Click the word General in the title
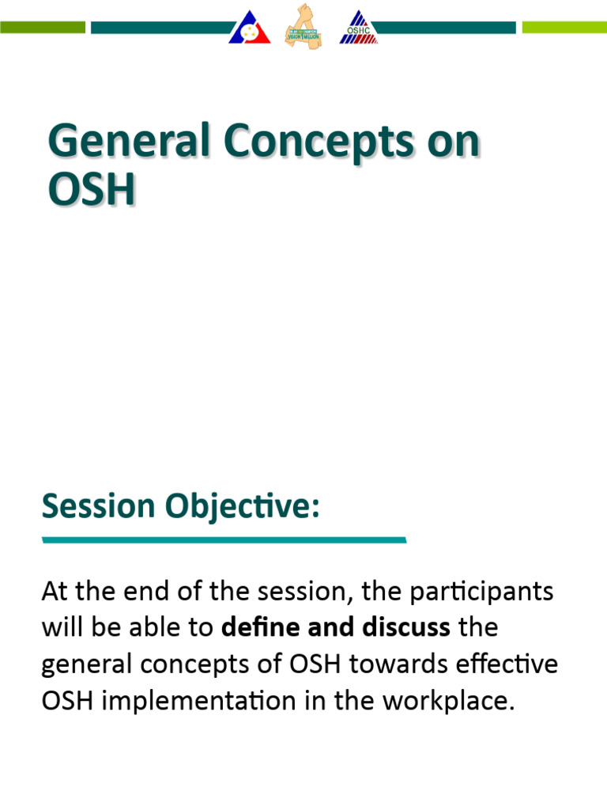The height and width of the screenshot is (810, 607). pyautogui.click(x=127, y=143)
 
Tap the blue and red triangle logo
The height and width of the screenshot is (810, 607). pyautogui.click(x=251, y=28)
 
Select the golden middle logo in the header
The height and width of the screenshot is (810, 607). pyautogui.click(x=303, y=25)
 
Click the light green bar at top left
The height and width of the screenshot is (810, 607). pyautogui.click(x=43, y=28)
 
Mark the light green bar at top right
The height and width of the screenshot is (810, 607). pyautogui.click(x=564, y=28)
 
